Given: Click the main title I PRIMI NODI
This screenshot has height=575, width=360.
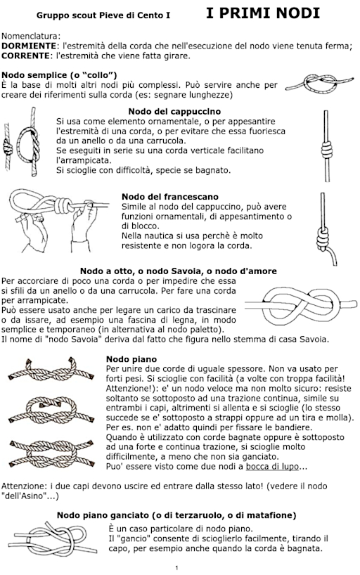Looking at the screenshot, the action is tap(263, 13).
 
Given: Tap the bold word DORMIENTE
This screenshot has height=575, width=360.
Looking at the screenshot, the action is tap(29, 46).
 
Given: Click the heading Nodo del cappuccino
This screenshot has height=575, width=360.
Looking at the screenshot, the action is tap(174, 112).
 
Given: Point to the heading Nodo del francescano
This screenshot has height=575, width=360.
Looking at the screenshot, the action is tap(170, 197).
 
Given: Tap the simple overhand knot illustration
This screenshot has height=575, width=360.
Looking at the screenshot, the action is tap(319, 84).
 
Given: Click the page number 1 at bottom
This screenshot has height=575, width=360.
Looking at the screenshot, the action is tap(177, 568).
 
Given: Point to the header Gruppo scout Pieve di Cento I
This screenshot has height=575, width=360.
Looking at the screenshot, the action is tap(103, 15).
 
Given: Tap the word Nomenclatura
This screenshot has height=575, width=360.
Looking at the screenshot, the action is tap(31, 37).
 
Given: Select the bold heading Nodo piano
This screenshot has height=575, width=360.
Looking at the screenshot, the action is tap(131, 359).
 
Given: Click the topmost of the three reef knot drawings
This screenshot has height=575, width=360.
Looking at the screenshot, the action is tap(51, 370).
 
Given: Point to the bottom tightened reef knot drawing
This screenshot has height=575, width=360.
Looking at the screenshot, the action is tap(51, 453).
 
